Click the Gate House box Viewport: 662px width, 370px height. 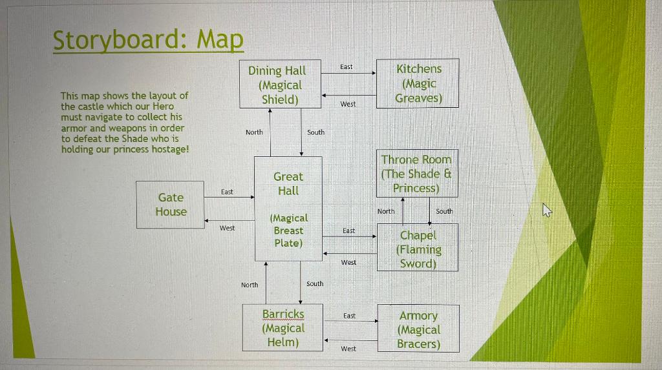tap(170, 205)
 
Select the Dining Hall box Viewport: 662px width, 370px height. tap(281, 84)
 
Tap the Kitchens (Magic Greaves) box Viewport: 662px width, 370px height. tap(418, 83)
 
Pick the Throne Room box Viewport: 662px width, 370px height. tap(417, 174)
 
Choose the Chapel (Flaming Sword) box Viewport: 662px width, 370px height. tap(418, 247)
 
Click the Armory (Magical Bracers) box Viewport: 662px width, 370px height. tap(418, 328)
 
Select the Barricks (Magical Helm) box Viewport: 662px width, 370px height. tap(283, 327)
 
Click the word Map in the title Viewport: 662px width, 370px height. tap(220, 40)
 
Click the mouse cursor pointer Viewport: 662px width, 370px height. tap(547, 210)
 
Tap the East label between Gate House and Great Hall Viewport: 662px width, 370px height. tap(227, 192)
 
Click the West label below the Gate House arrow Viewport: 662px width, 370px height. tap(227, 228)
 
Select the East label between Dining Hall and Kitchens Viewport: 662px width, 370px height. tap(347, 67)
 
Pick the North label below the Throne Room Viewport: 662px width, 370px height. tap(386, 211)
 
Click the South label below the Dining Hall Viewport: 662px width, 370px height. tap(315, 132)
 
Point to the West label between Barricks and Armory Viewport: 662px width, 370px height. tap(348, 349)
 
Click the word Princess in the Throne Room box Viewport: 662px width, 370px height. tap(416, 188)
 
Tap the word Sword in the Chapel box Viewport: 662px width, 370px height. tap(418, 263)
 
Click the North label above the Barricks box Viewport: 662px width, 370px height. tap(250, 285)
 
